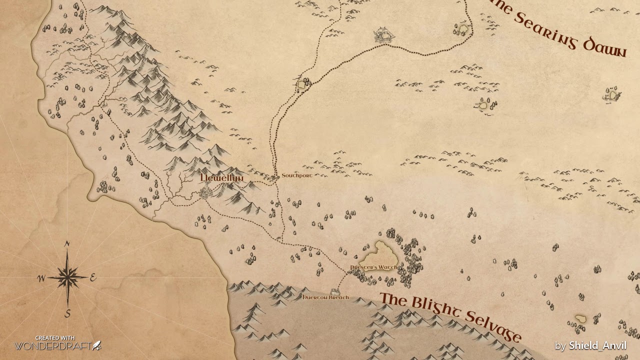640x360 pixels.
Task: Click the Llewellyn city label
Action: [221, 178]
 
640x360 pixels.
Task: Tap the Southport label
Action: [296, 176]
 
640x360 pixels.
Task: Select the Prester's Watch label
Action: [374, 267]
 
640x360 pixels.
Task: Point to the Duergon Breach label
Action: [326, 297]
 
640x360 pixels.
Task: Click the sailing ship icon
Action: [384, 34]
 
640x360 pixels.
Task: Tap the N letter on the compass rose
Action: [67, 244]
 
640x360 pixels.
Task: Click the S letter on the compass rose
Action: [67, 313]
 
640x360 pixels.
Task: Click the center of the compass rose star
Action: [67, 276]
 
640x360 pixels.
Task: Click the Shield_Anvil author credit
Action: [597, 346]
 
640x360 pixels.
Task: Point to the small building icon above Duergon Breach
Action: [335, 291]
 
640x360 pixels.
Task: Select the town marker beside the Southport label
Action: [275, 177]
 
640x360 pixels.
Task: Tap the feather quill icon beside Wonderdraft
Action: [97, 345]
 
